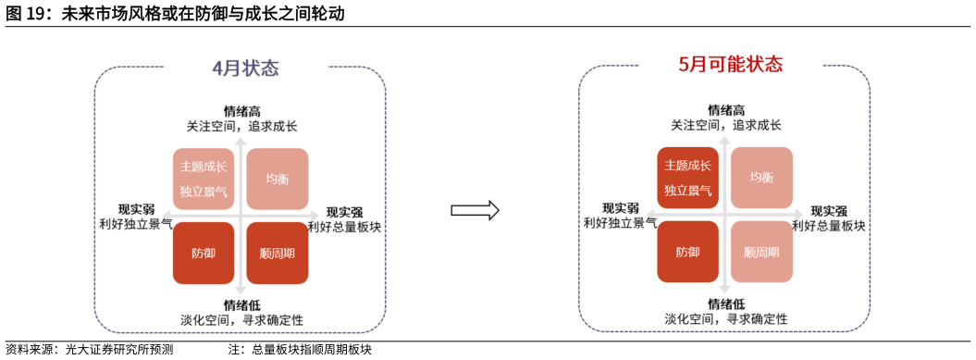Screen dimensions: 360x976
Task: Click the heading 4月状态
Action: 245,68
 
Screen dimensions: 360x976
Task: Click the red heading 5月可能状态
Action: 730,65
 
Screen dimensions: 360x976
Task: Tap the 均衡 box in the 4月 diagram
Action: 277,179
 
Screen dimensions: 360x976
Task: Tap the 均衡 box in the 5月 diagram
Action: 761,178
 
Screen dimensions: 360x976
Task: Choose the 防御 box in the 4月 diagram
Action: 204,253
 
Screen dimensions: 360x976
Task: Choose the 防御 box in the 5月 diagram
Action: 687,252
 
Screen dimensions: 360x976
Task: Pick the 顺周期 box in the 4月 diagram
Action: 277,253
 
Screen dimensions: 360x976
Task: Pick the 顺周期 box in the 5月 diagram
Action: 761,252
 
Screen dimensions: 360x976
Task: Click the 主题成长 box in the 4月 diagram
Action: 204,179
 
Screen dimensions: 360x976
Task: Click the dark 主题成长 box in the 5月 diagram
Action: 687,178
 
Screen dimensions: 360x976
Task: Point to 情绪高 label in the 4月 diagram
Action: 241,111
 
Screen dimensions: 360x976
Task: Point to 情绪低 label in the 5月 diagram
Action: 726,304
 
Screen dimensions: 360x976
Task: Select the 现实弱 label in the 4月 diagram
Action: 135,208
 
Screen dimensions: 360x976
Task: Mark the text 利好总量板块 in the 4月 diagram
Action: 344,226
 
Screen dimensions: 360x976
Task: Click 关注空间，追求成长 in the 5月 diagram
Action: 725,125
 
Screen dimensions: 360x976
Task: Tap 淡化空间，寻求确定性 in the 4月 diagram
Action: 241,319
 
